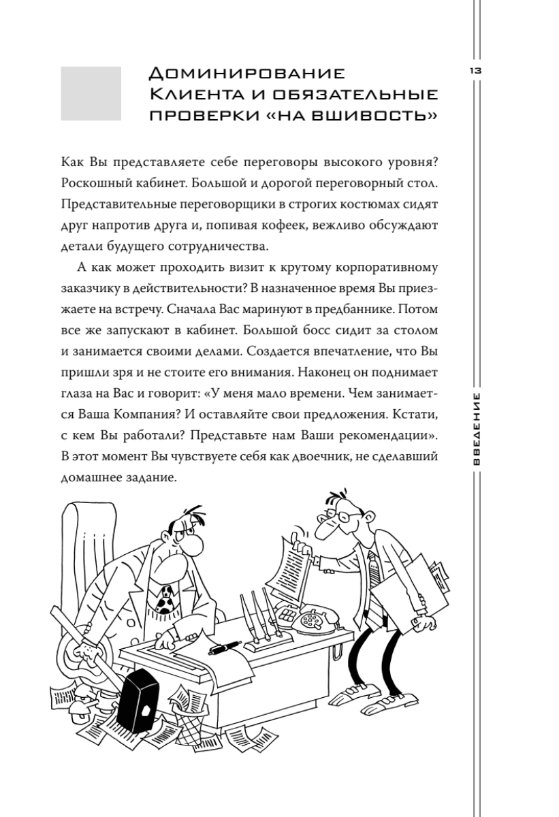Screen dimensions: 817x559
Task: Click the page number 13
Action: click(x=474, y=71)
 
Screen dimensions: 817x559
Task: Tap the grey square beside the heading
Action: click(x=91, y=93)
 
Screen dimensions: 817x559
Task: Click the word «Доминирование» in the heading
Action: click(x=247, y=72)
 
